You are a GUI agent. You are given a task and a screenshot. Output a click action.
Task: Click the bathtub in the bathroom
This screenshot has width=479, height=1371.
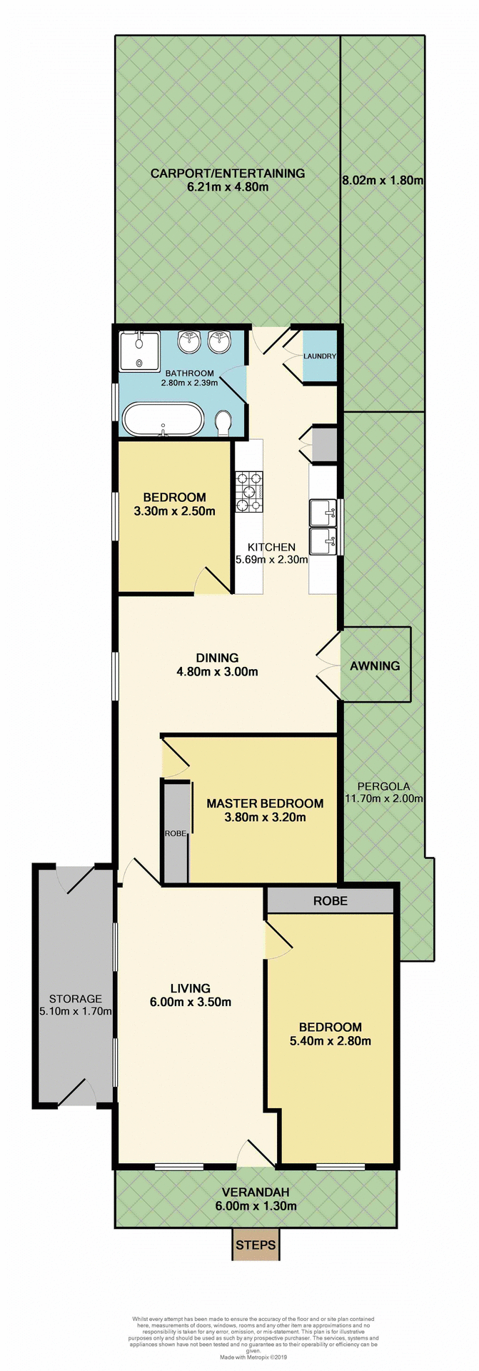click(x=163, y=419)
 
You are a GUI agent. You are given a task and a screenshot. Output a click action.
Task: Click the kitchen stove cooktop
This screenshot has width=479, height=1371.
click(x=251, y=491)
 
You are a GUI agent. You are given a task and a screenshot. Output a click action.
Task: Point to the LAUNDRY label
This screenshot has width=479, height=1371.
click(x=319, y=356)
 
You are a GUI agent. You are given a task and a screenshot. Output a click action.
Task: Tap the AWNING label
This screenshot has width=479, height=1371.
click(x=375, y=666)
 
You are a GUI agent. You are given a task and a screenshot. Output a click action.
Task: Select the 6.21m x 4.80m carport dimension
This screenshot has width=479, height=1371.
click(x=227, y=187)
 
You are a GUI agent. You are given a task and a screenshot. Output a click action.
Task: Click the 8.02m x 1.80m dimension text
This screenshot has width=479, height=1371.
click(x=383, y=181)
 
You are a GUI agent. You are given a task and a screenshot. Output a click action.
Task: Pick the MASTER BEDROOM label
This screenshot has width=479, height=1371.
click(x=265, y=803)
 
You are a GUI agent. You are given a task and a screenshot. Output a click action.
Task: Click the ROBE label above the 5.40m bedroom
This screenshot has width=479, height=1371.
click(x=331, y=901)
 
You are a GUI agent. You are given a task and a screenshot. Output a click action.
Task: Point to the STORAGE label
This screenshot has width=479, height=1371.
click(x=75, y=999)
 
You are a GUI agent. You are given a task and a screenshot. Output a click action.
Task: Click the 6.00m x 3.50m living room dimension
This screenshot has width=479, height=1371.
click(x=190, y=1002)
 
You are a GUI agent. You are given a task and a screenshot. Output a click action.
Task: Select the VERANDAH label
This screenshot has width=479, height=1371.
click(x=255, y=1192)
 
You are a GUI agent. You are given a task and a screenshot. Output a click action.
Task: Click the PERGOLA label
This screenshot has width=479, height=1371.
click(x=384, y=786)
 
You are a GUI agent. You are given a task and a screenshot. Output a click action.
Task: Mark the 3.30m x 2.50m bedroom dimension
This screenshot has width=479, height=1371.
click(x=174, y=511)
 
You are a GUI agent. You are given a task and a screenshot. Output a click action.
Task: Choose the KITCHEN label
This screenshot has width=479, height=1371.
click(x=271, y=547)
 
